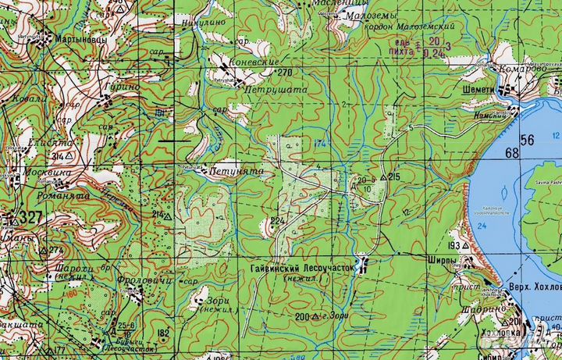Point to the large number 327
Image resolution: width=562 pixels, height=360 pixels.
(32, 216)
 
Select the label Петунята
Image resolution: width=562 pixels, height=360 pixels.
(229, 169)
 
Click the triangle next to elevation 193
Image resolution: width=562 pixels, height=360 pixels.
(466, 245)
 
